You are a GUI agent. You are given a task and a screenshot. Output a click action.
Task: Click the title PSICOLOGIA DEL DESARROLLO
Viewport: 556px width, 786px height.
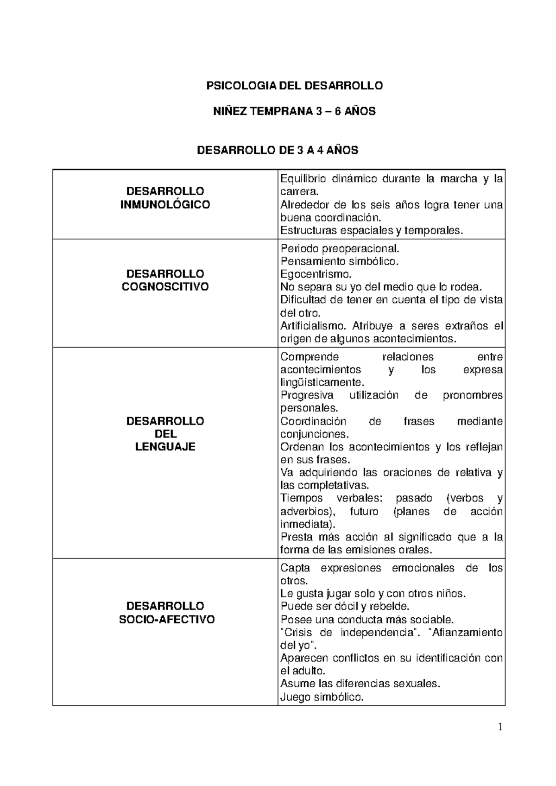(295, 86)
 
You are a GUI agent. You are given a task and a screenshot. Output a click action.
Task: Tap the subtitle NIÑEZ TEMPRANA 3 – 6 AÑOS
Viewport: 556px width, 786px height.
(294, 111)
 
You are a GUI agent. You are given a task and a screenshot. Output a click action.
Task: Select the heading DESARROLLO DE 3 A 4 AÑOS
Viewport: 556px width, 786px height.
(278, 150)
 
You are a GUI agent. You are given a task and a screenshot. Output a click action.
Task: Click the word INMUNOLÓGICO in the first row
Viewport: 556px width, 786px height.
(165, 204)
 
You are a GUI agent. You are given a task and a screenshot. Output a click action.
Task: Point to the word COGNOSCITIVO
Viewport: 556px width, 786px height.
(165, 287)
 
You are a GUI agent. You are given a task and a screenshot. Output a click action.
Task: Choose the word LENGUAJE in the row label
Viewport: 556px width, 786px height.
(165, 447)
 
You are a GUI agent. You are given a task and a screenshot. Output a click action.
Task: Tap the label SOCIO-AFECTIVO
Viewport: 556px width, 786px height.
(167, 620)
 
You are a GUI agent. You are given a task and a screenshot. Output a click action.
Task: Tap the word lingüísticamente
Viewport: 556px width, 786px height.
(322, 383)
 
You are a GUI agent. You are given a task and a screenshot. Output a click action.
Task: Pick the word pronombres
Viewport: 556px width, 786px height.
(473, 395)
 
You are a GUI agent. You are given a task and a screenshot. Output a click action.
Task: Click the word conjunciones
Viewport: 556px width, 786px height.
(313, 434)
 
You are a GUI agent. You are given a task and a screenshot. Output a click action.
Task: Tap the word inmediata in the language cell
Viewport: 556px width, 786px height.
(306, 525)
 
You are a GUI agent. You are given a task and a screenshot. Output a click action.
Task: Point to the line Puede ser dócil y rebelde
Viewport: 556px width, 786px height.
(345, 606)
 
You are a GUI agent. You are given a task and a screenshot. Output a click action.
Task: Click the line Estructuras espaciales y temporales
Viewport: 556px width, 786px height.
(372, 230)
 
